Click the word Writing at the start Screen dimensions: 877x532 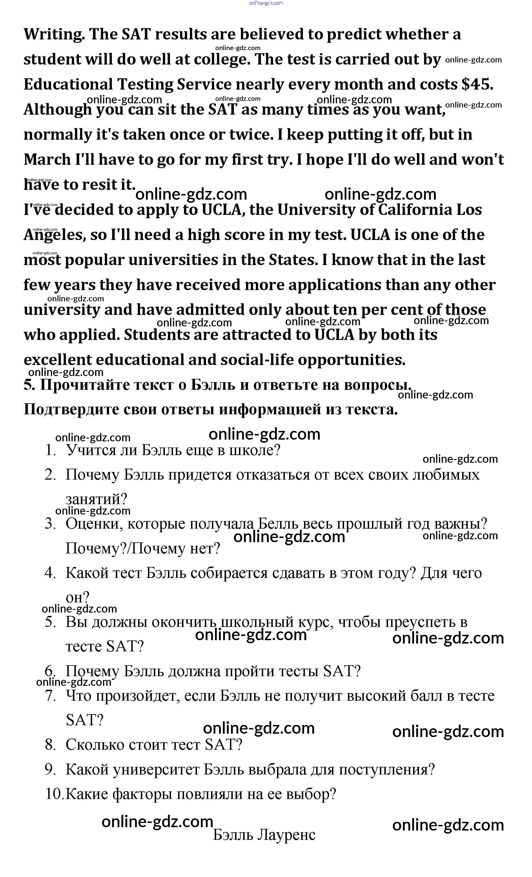(54, 35)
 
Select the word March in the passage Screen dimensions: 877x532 (47, 159)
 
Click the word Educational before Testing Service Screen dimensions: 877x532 (68, 85)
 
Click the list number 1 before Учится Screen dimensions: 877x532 (50, 450)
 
